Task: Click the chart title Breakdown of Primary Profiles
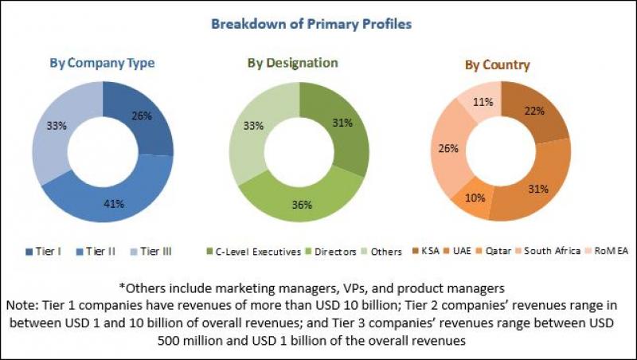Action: [x=311, y=24]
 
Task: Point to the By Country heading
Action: [x=498, y=64]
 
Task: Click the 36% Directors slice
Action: [x=302, y=205]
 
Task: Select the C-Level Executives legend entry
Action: [x=252, y=252]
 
